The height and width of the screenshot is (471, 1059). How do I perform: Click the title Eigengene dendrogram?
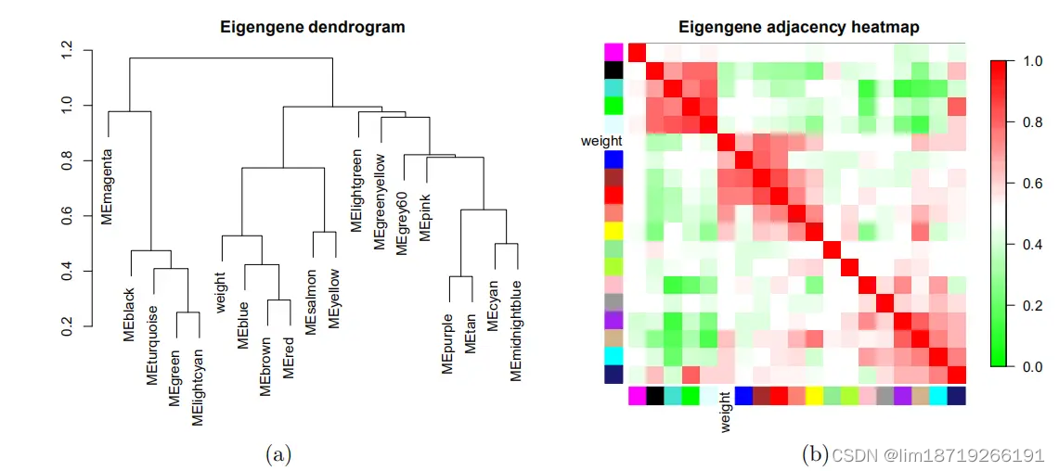[x=312, y=27]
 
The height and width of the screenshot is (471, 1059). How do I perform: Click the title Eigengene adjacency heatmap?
[x=798, y=27]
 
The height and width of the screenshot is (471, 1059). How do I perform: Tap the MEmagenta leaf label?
[x=108, y=185]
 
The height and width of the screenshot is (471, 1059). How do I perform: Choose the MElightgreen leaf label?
[x=356, y=189]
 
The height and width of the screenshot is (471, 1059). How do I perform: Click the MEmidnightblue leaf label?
[x=516, y=330]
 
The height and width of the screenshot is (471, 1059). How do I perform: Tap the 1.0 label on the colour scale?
[x=1029, y=61]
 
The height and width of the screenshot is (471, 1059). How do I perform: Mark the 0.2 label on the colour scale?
[x=1029, y=306]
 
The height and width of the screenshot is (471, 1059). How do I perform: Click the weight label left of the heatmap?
[x=601, y=141]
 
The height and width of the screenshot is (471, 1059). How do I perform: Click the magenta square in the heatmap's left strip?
[x=613, y=51]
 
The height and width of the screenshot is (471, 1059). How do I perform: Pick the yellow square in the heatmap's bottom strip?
[x=814, y=396]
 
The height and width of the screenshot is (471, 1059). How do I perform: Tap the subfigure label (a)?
[x=278, y=453]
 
